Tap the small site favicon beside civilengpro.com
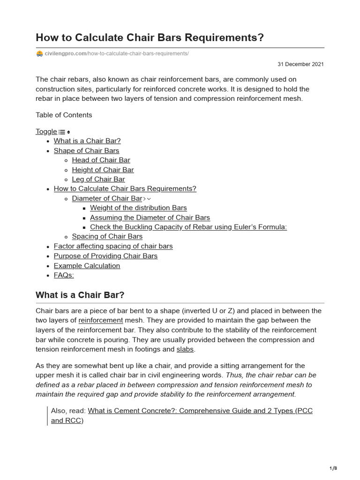click(39, 54)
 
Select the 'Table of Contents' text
click(64, 115)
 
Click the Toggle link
click(46, 132)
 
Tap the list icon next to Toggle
click(62, 132)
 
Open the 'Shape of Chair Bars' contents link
click(86, 150)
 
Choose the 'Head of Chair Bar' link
click(101, 160)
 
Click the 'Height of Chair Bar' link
click(103, 170)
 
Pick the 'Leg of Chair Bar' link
click(98, 179)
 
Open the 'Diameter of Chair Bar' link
click(106, 198)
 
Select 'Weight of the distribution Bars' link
click(138, 208)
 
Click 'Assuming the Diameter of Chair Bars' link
click(150, 217)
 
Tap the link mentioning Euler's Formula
click(188, 227)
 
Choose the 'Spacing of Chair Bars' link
click(107, 236)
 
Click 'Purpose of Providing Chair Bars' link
click(105, 256)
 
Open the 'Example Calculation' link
click(87, 266)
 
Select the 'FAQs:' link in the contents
click(64, 275)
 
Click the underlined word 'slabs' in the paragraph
click(184, 350)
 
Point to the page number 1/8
click(333, 468)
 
